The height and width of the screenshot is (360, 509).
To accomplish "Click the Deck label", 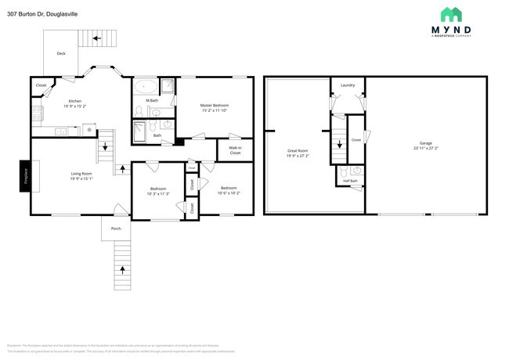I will [61, 53].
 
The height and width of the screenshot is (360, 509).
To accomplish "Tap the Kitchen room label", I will [74, 101].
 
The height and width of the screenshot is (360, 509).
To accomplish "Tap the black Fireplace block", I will [24, 175].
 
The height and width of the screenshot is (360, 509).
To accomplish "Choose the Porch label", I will [116, 229].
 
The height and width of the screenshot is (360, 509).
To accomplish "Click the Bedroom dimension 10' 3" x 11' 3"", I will [158, 193].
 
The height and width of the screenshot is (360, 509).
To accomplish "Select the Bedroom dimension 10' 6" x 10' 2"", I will [229, 193].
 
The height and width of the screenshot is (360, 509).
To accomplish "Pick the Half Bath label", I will [350, 181].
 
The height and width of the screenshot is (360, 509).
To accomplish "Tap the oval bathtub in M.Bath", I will [145, 87].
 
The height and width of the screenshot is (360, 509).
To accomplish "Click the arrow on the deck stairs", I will [98, 36].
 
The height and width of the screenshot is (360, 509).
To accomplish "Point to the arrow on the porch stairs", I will [122, 270].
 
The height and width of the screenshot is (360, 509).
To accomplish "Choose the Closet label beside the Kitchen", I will [41, 85].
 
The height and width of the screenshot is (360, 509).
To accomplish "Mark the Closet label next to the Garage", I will [356, 140].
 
